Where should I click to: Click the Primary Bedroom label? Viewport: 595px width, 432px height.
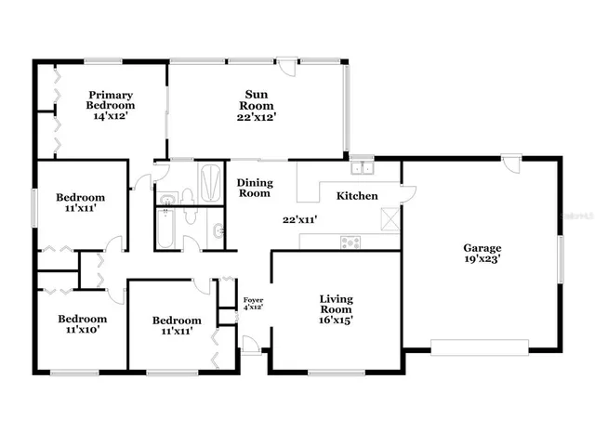click(112, 100)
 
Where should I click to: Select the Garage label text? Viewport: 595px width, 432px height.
click(483, 248)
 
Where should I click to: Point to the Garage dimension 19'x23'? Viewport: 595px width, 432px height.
click(483, 261)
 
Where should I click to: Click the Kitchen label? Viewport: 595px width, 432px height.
click(357, 196)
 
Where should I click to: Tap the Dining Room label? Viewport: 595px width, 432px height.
click(254, 188)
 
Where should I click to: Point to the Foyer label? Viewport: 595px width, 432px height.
click(253, 299)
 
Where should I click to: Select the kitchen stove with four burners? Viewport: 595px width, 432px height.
click(351, 242)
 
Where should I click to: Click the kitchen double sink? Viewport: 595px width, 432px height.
click(363, 168)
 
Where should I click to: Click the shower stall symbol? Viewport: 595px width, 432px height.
click(210, 177)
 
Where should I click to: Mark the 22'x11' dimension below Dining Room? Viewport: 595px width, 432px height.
click(301, 220)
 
